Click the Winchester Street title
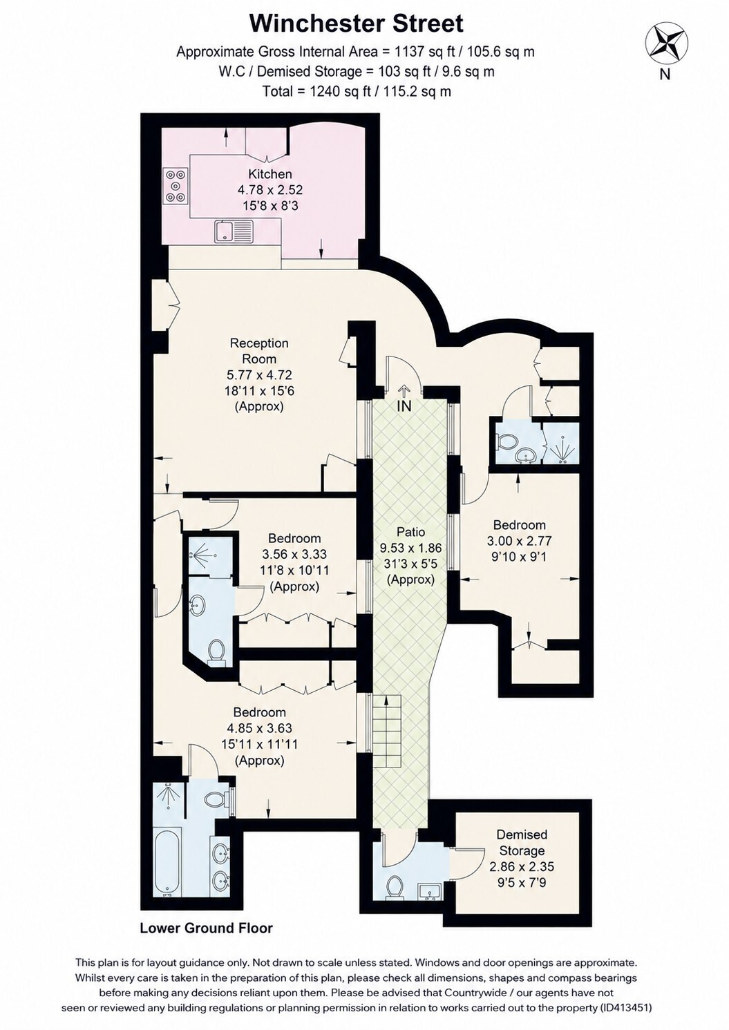tap(356, 24)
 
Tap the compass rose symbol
tap(668, 45)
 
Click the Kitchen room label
tap(270, 174)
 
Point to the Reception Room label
tap(259, 351)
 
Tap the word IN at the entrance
tap(404, 406)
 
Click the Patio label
tap(410, 532)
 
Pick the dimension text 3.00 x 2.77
tap(519, 541)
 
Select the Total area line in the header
tap(357, 91)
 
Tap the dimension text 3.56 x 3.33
tap(295, 555)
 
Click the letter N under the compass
tap(665, 74)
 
